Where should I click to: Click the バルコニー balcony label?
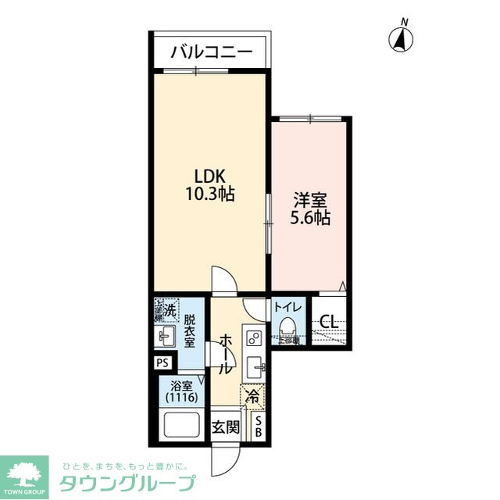click(x=211, y=53)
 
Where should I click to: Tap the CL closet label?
click(x=329, y=320)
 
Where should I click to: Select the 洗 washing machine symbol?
click(x=165, y=309)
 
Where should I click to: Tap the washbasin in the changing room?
click(x=166, y=337)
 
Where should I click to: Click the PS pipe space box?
click(x=162, y=362)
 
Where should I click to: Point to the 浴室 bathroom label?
click(x=181, y=384)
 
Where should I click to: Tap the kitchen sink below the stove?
click(x=255, y=366)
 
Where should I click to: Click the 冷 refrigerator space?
click(x=253, y=398)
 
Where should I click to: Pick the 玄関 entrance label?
click(x=226, y=427)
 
